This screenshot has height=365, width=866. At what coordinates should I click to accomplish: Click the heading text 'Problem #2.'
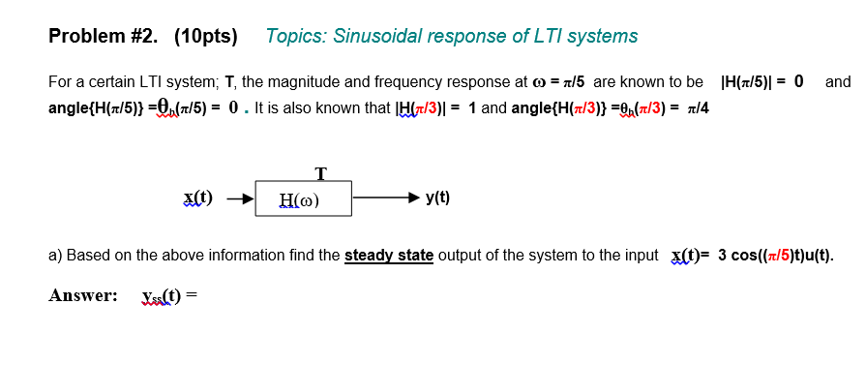click(x=105, y=37)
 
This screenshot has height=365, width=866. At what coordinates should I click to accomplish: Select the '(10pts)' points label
click(x=205, y=37)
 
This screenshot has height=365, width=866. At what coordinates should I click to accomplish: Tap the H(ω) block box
click(x=303, y=200)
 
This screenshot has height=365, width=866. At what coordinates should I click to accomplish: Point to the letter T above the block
click(x=320, y=174)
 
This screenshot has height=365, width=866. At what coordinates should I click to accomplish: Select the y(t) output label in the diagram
click(x=437, y=198)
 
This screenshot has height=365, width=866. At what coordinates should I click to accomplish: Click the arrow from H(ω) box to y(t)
click(x=386, y=198)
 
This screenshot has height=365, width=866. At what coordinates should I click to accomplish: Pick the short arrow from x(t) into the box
click(x=240, y=199)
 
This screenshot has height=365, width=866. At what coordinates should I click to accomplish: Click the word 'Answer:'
click(x=83, y=295)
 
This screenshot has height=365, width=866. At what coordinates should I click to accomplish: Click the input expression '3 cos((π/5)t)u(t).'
click(x=775, y=256)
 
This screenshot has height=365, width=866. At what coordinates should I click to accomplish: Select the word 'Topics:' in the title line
click(x=296, y=37)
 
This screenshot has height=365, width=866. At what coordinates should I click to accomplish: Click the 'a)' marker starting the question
click(x=55, y=256)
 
